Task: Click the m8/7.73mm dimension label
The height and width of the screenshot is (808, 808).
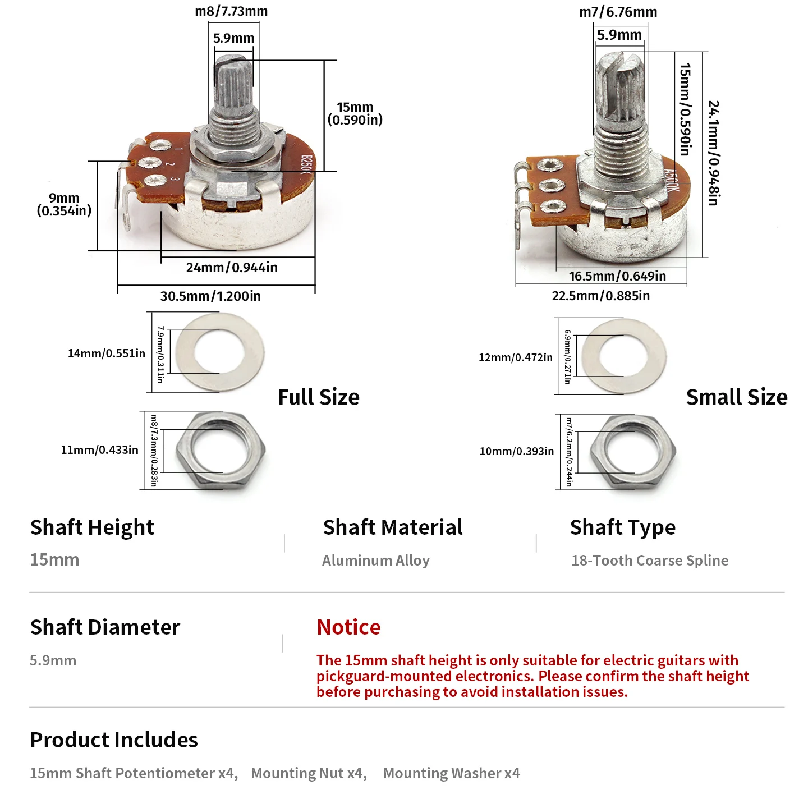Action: [x=231, y=11]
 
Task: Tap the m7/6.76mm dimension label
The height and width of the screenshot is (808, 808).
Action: [x=618, y=12]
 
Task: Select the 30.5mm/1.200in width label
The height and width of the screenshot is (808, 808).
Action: [x=210, y=296]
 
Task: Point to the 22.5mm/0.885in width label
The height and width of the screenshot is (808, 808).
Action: [x=600, y=296]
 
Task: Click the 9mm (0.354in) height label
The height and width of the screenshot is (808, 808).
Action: [x=64, y=204]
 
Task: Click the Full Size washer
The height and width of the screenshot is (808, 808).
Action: [x=220, y=352]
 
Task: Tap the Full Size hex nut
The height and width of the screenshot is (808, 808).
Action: [x=220, y=450]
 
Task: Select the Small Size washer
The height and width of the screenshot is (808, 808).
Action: [x=624, y=356]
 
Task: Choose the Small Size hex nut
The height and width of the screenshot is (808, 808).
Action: [x=633, y=452]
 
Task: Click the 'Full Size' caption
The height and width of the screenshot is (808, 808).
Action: [x=319, y=397]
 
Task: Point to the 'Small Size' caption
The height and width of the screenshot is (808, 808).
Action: [x=737, y=397]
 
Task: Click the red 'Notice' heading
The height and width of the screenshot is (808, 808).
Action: [x=348, y=627]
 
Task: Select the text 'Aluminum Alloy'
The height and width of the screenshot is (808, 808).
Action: [x=376, y=561]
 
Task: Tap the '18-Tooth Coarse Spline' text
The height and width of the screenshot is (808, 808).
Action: [x=650, y=561]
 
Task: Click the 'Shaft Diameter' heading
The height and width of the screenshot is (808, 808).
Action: [x=105, y=627]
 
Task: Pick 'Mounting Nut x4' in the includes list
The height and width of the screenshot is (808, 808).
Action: [x=309, y=773]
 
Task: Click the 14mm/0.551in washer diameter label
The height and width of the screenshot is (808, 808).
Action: [x=107, y=353]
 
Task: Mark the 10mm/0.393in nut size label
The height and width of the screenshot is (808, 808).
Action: [x=517, y=451]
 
